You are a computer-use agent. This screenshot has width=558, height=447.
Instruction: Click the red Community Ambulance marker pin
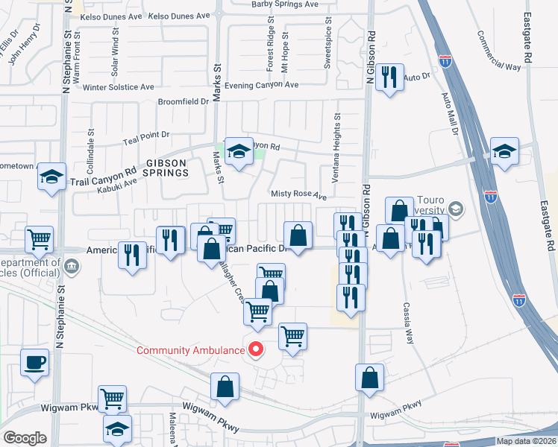tap(256, 349)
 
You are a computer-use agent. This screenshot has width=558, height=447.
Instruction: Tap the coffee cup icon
tap(35, 364)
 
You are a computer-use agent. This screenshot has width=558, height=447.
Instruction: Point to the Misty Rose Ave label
tap(298, 195)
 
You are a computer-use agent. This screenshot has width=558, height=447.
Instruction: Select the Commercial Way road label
tap(498, 51)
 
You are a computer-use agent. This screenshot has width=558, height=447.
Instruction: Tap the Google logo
tap(25, 437)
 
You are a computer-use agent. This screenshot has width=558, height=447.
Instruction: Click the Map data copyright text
tap(525, 441)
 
